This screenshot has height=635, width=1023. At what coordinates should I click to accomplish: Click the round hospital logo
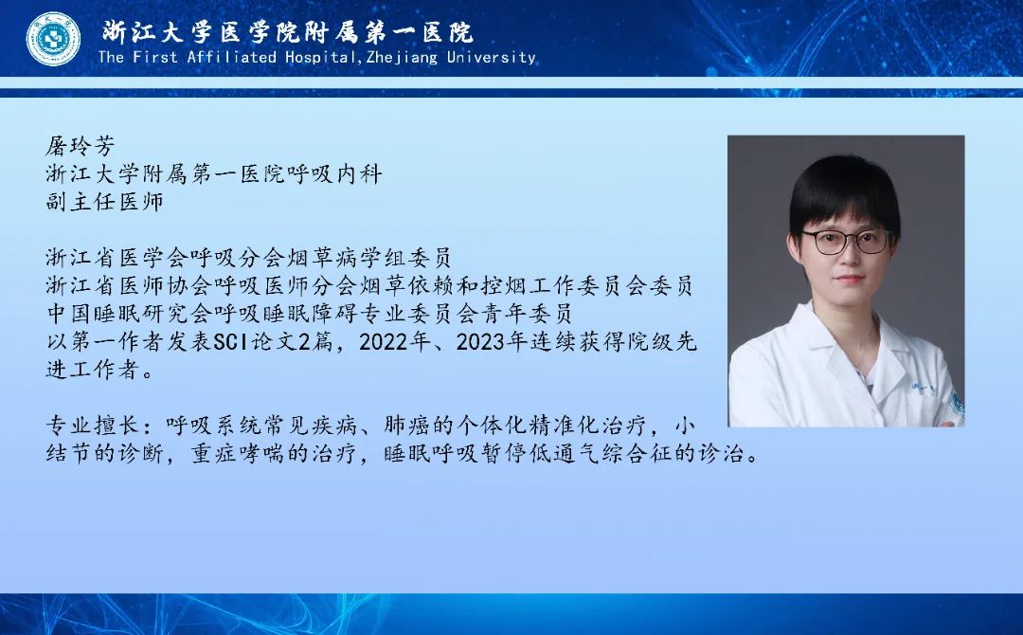53,39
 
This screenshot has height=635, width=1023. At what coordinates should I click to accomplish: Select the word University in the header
492,58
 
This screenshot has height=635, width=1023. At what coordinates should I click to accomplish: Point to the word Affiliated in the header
232,58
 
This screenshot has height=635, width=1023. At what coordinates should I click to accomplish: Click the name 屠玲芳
81,146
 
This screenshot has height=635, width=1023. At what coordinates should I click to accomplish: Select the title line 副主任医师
104,201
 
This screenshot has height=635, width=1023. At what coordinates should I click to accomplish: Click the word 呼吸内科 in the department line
334,173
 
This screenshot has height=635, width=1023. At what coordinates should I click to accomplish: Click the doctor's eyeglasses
847,242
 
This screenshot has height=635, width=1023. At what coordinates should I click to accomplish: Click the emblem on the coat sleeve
956,406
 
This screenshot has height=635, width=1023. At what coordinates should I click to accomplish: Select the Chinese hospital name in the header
287,32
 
